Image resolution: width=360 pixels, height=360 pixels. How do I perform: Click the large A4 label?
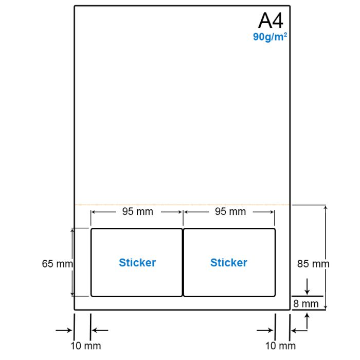tap(271, 21)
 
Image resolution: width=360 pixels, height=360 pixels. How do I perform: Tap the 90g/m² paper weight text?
tap(270, 37)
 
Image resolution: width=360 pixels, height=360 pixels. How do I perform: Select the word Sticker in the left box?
tap(137, 262)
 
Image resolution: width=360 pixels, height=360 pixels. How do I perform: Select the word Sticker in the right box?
tap(229, 262)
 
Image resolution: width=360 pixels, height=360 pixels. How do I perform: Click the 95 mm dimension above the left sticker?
tap(137, 211)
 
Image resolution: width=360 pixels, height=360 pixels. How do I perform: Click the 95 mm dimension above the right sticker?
tap(230, 211)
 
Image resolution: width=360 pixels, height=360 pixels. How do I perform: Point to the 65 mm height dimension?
tap(58, 263)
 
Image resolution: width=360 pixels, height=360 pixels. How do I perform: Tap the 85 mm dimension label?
tap(313, 263)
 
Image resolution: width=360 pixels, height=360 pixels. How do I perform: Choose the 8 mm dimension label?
tap(306, 304)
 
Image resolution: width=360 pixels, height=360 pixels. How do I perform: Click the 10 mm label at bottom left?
tap(86, 346)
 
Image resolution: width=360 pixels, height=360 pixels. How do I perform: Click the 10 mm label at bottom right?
tap(280, 346)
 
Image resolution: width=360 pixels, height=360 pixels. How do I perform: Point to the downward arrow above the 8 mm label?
tap(307, 286)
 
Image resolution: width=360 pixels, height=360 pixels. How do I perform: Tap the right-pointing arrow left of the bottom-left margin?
tap(64, 330)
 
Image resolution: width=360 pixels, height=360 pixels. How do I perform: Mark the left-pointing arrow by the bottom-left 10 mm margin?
tap(100, 330)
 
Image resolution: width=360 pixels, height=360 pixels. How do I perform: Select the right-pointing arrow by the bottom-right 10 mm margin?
tap(265, 330)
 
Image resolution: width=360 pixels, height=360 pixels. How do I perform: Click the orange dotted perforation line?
tap(182, 205)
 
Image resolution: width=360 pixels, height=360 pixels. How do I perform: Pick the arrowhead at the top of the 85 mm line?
tap(326, 207)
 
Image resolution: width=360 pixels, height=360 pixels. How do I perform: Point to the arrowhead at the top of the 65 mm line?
tap(72, 230)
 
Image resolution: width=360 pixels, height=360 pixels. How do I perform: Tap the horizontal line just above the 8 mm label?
tap(307, 296)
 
